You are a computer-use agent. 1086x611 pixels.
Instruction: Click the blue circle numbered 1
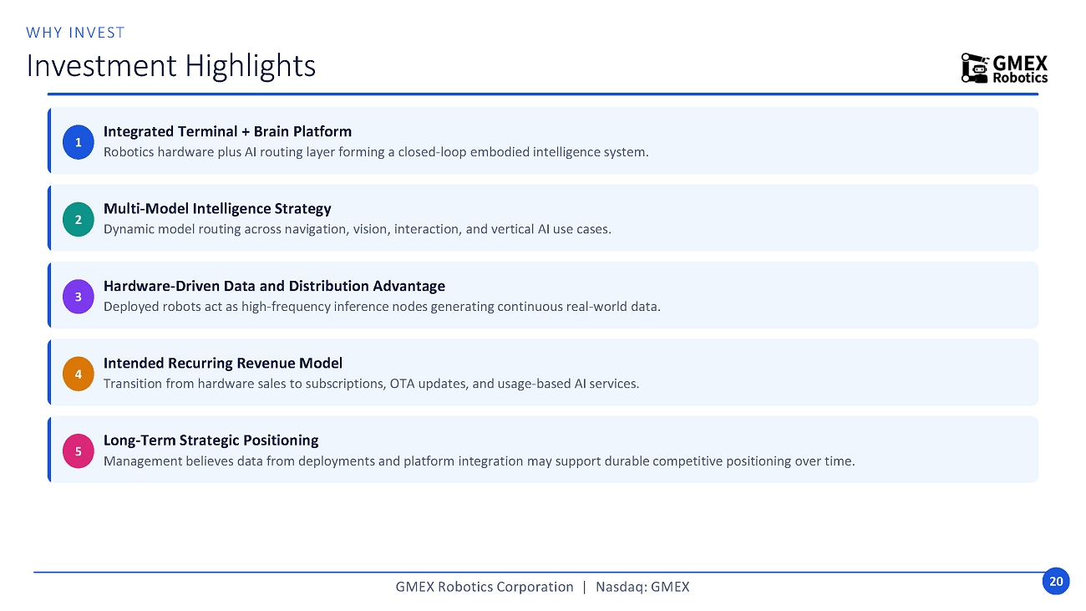(78, 142)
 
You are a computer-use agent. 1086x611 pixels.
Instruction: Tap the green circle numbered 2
(78, 219)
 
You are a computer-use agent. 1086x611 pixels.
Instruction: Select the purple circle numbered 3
(78, 296)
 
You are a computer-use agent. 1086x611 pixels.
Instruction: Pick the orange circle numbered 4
(78, 374)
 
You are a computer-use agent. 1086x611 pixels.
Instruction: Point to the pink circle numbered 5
(78, 451)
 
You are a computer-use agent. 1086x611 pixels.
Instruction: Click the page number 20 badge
(1056, 581)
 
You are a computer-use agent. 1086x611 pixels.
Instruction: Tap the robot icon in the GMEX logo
(975, 69)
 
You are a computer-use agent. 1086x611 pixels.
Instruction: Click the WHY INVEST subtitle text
(76, 33)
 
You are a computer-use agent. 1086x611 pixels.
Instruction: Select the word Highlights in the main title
(250, 66)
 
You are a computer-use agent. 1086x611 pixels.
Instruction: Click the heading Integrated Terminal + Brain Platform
(227, 131)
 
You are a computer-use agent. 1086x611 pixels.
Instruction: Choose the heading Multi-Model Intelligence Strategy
(217, 208)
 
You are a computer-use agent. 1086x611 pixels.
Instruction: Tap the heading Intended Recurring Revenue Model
(222, 363)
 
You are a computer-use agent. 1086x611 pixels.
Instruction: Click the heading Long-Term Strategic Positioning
(211, 440)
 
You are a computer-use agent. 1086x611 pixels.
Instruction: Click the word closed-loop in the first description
(432, 152)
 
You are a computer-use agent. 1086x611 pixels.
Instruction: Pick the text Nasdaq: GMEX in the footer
(642, 587)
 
